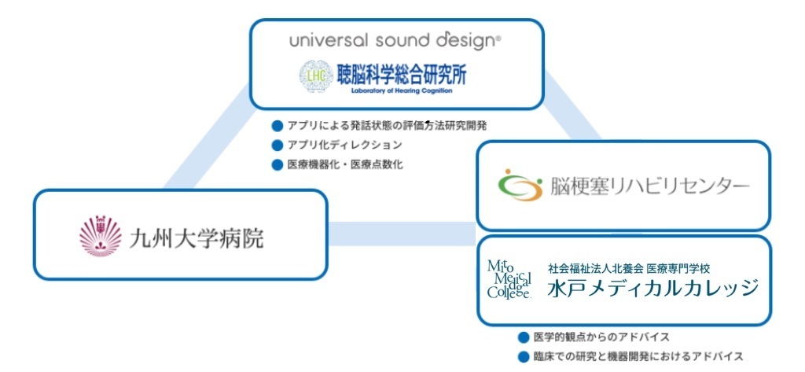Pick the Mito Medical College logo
point(509,279)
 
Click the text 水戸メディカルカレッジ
point(652,287)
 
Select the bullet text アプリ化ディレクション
point(344,145)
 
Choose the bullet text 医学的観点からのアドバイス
point(601,337)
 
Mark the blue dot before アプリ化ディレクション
point(277,145)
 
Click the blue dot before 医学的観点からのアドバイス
point(524,337)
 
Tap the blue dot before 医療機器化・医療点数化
point(277,165)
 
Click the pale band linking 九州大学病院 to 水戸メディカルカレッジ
point(401,234)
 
